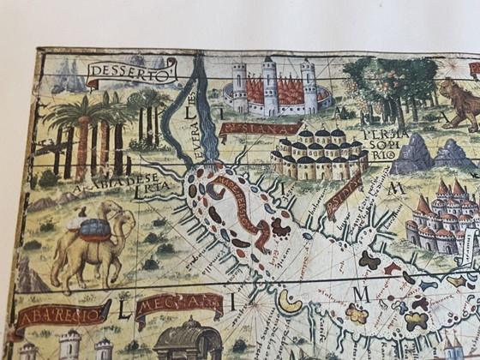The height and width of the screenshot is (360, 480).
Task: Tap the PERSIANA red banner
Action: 248,130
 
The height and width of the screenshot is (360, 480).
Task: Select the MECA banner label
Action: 178,304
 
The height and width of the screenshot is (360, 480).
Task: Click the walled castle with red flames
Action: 276,89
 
